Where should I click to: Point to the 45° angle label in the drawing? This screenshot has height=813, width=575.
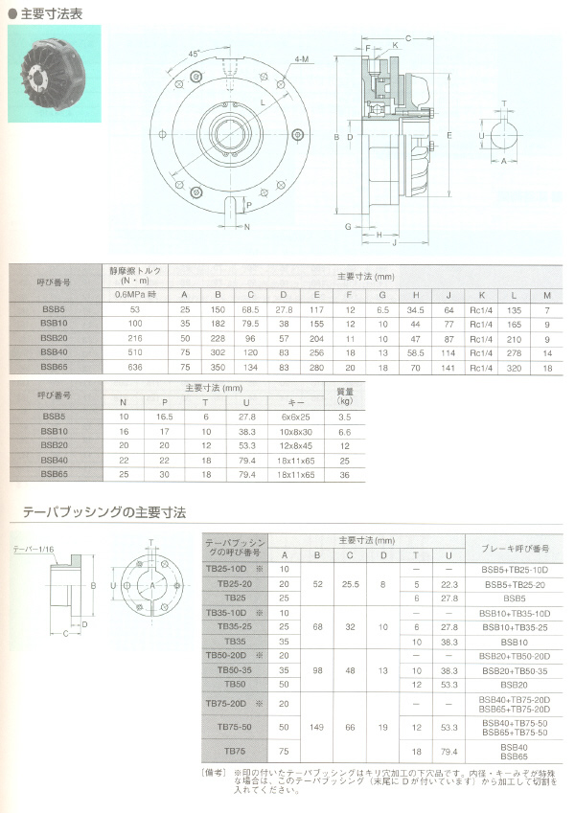click(x=195, y=56)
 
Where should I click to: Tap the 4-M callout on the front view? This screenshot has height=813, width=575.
click(x=302, y=59)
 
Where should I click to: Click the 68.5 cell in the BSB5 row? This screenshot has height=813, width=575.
click(x=251, y=308)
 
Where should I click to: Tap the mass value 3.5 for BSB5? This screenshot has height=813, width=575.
click(x=346, y=418)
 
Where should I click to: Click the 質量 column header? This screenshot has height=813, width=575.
click(x=346, y=395)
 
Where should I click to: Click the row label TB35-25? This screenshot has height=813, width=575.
click(x=235, y=626)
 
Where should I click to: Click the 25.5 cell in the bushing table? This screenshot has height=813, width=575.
click(x=350, y=583)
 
